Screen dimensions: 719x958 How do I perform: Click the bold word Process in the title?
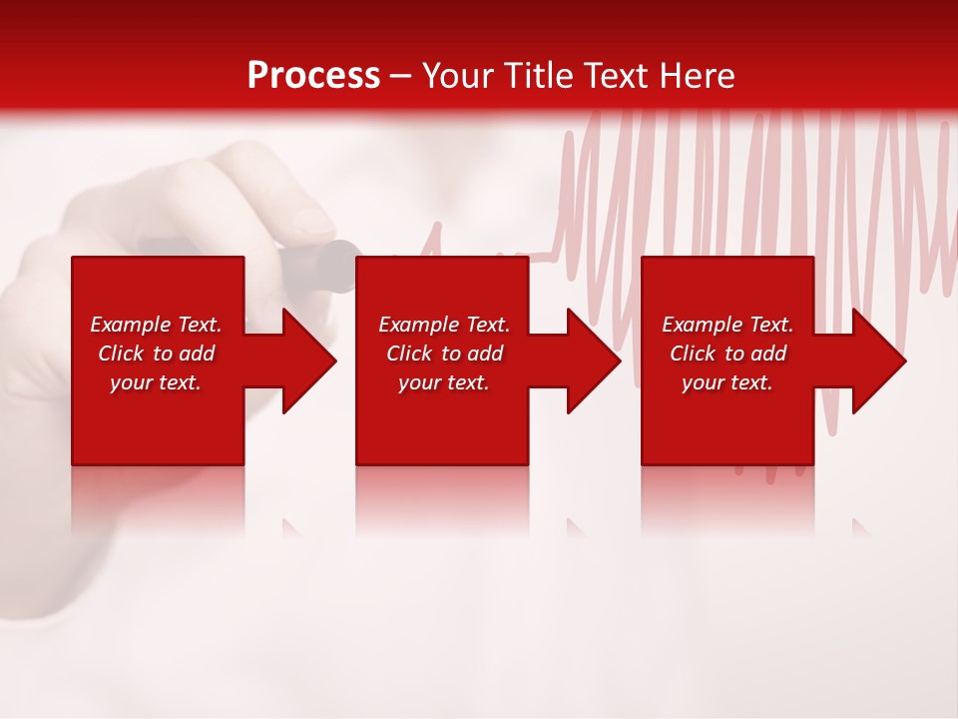tap(313, 76)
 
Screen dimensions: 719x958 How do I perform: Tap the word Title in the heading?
tap(538, 76)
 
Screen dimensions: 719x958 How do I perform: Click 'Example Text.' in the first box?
tap(156, 325)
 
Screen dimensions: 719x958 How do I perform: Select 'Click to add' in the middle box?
tap(444, 354)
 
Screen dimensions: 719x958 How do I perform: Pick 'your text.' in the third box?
tap(726, 382)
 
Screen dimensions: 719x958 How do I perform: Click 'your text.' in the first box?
tap(156, 382)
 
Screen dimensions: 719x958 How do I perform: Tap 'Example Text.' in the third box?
tap(727, 325)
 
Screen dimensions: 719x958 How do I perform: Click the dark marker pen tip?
tap(339, 266)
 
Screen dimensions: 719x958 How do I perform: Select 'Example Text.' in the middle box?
tap(444, 325)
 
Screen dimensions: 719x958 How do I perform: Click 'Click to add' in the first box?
tap(156, 354)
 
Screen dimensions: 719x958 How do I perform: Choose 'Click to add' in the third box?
tap(727, 354)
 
